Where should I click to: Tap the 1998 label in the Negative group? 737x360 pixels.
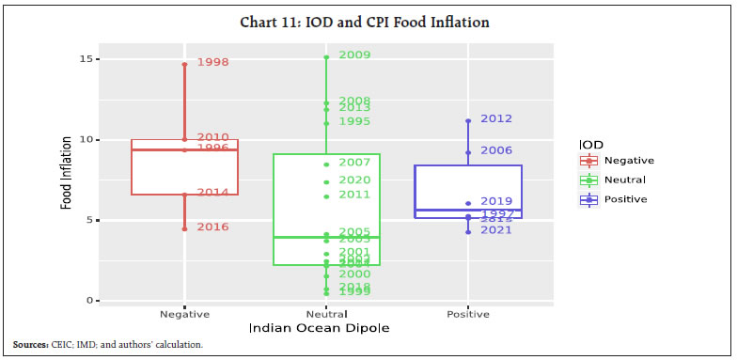[x=212, y=62]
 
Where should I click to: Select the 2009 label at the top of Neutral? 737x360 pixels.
[x=354, y=55]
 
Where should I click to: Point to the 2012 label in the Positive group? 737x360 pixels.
[x=496, y=118]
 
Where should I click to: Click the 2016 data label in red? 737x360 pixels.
[x=212, y=227]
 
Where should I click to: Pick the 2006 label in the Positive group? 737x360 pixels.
[x=496, y=150]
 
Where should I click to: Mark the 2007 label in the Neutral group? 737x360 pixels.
[x=354, y=163]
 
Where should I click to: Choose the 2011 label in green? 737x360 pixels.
[x=354, y=195]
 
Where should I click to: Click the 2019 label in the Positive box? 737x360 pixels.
[x=496, y=201]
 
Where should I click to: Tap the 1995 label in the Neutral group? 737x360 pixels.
[x=354, y=121]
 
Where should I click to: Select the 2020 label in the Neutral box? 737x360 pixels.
[x=354, y=180]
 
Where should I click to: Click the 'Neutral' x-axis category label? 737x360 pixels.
[x=326, y=314]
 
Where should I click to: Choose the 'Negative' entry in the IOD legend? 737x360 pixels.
[x=628, y=160]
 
